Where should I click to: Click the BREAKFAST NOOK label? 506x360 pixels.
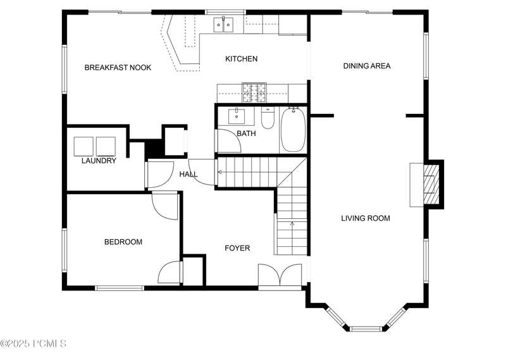118,68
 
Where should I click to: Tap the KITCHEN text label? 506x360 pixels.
242,59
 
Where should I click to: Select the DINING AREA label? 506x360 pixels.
367,66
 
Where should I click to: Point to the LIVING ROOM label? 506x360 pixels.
366,218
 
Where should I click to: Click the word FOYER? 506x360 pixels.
237,248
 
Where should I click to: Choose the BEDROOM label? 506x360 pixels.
123,242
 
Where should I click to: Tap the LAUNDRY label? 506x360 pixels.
99,161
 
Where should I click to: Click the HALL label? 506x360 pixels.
188,175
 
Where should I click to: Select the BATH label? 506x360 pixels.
246,133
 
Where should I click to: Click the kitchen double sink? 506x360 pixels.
223,25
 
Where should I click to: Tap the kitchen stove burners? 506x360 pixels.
254,92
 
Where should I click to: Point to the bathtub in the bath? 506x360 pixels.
293,130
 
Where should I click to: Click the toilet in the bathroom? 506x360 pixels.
268,118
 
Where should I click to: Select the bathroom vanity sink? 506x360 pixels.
237,116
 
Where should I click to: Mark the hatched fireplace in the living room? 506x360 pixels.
431,184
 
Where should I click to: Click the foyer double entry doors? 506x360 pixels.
280,275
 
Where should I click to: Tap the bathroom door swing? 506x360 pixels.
230,140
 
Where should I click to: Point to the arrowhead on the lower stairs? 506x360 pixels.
292,223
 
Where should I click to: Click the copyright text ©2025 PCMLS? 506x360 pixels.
34,343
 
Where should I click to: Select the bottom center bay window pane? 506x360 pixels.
366,330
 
